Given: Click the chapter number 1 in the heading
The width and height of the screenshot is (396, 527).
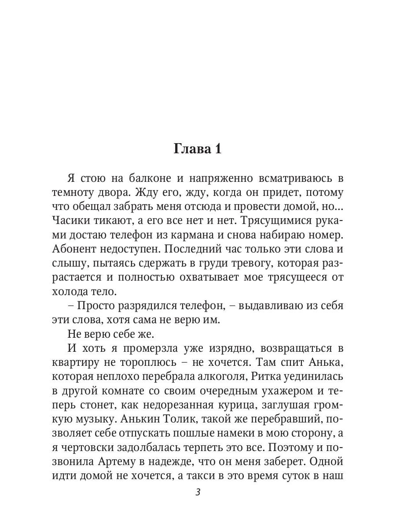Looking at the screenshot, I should (218, 149).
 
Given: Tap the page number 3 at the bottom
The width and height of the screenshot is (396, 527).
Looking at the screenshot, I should (198, 492).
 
